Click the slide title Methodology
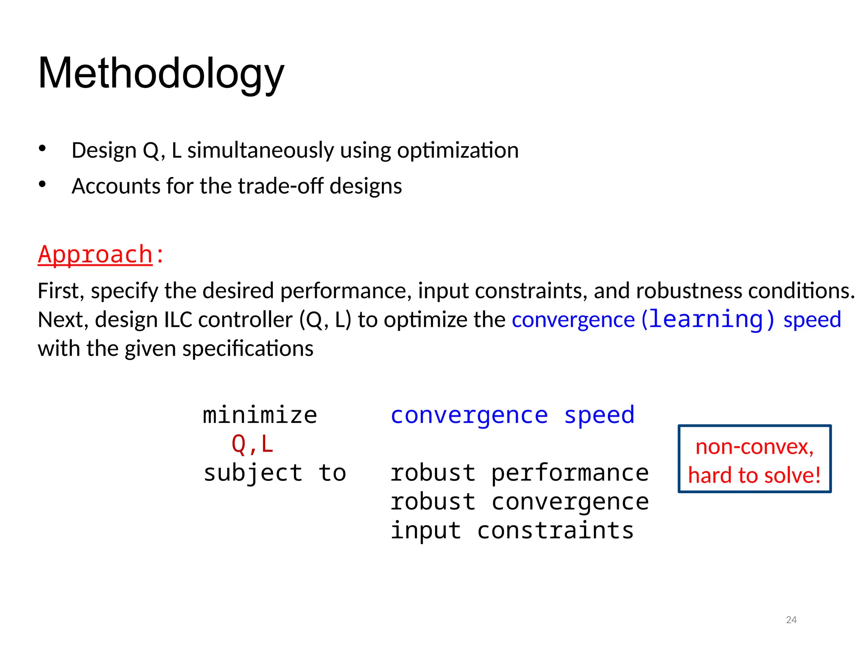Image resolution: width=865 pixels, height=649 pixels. [161, 74]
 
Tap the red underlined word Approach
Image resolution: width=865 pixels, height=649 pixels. [95, 255]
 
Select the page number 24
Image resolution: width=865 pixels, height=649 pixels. [791, 620]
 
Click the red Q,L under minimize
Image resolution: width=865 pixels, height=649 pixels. [253, 444]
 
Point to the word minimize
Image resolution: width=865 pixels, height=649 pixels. [260, 415]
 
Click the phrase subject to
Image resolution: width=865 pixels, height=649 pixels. [275, 473]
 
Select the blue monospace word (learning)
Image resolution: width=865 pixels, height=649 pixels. [708, 319]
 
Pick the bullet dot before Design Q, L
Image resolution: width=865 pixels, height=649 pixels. [42, 148]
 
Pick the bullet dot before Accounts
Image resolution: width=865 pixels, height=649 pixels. [42, 184]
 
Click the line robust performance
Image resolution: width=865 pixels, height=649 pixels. [519, 473]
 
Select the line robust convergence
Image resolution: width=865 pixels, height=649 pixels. [519, 502]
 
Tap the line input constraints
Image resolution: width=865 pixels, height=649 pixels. [512, 531]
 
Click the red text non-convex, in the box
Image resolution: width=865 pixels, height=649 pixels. [754, 447]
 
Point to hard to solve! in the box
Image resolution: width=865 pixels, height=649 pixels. [754, 475]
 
